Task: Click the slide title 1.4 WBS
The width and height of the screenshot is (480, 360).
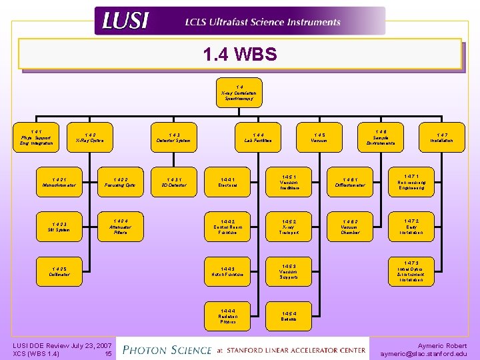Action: [x=240, y=54]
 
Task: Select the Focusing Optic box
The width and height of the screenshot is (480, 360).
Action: [x=121, y=182]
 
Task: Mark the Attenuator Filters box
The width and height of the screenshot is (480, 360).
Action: [x=121, y=226]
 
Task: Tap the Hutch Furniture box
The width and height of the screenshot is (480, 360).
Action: [x=228, y=271]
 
